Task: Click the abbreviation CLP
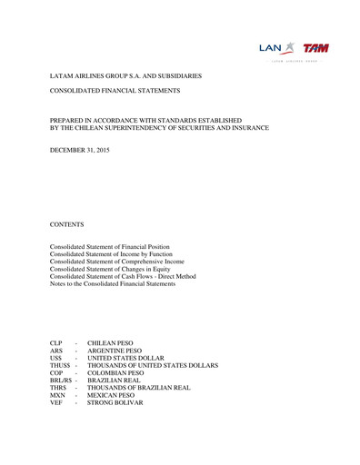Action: (57, 344)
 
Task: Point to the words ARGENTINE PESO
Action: (115, 351)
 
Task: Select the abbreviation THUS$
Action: (60, 366)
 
